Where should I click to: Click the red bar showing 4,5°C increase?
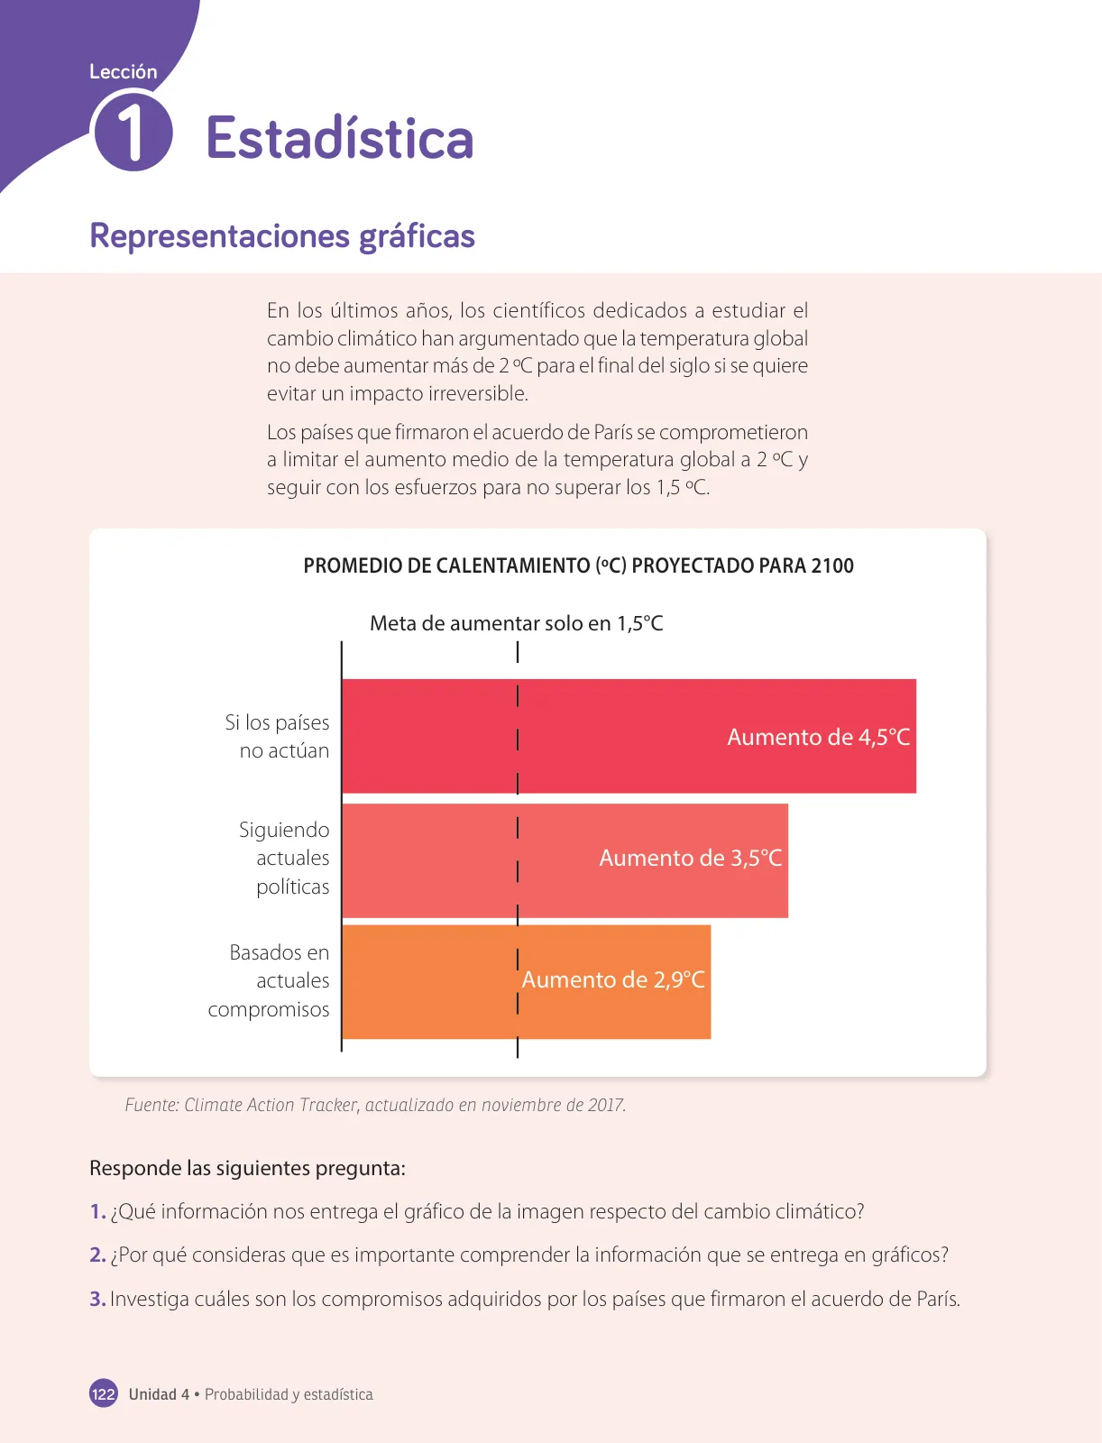(629, 736)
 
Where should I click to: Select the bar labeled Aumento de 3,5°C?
(565, 859)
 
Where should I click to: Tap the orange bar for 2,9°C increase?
(527, 981)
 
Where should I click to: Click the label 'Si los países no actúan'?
(278, 736)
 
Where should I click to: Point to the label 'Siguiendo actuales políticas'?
(284, 858)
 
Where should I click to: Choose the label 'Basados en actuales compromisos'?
(269, 980)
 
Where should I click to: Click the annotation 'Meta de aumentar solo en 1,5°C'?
(517, 623)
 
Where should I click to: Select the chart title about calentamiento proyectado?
(578, 565)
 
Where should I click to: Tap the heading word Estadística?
(340, 138)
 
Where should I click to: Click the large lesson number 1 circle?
(134, 133)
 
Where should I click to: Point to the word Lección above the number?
(124, 71)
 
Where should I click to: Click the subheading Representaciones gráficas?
(282, 236)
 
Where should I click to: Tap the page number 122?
(103, 1393)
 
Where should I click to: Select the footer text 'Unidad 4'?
(159, 1394)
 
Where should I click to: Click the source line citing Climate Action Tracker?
(375, 1105)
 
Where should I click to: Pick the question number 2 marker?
(97, 1255)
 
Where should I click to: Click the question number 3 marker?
(97, 1299)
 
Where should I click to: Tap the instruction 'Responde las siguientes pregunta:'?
(247, 1168)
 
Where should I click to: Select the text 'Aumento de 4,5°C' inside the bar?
(819, 738)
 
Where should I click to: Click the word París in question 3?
(939, 1299)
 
